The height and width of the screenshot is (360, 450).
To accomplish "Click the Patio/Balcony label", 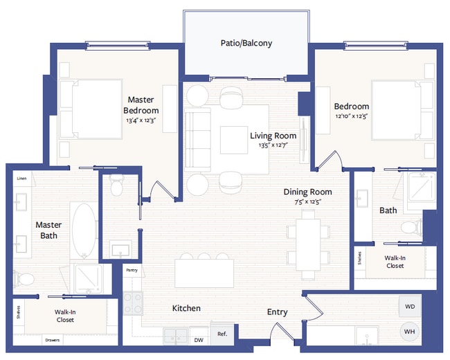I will (x=246, y=43).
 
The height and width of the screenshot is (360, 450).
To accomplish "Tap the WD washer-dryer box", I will (x=409, y=306).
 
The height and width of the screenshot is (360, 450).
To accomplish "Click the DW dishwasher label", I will (x=199, y=340).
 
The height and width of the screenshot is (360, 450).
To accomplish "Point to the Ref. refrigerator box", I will (x=222, y=334).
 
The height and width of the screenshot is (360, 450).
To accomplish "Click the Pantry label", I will (x=132, y=271).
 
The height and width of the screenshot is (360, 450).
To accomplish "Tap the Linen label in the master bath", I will (x=22, y=177).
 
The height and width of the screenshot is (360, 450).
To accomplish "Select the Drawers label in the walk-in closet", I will (x=52, y=341).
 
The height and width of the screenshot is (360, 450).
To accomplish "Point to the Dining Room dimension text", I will (x=307, y=202).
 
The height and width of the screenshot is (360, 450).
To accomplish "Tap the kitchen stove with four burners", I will (x=132, y=304).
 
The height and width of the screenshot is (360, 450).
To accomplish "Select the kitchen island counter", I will (x=204, y=271).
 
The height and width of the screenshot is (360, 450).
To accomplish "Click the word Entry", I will (x=277, y=312).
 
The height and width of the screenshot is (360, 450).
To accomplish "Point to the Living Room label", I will (x=273, y=136).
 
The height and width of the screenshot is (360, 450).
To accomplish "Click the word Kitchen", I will (x=186, y=308).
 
